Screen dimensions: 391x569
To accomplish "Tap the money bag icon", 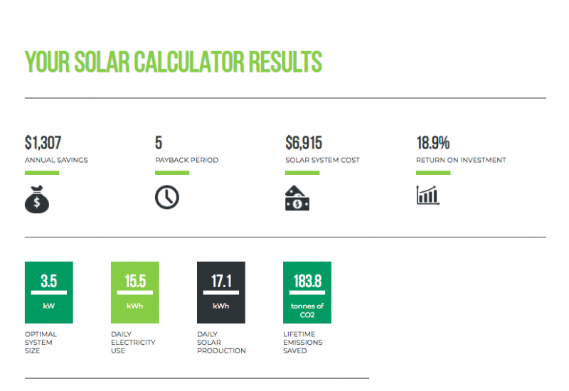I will point(37,198).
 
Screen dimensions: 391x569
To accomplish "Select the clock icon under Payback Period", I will point(167,197).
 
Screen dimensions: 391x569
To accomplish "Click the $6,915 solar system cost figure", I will point(304,142).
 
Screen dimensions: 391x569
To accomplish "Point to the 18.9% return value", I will point(432,142).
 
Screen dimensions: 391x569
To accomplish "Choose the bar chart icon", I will point(427,195).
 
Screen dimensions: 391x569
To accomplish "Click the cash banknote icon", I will point(297,198).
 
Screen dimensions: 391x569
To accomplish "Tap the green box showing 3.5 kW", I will point(48,291).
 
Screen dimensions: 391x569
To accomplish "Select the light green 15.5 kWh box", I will point(134,291).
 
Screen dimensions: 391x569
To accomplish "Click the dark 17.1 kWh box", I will point(220,291).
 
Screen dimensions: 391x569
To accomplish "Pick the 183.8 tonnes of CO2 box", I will point(307,291).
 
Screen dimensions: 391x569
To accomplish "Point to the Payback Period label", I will point(186,160).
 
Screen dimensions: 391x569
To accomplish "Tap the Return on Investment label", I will point(461,160).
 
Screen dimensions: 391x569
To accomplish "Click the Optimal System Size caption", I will point(41,342).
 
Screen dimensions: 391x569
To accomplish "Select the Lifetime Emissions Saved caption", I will point(302,342).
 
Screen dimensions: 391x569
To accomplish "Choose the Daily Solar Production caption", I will point(221,342).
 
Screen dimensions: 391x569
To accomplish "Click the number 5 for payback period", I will point(159,142).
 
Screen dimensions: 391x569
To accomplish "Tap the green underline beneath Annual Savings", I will point(42,173).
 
